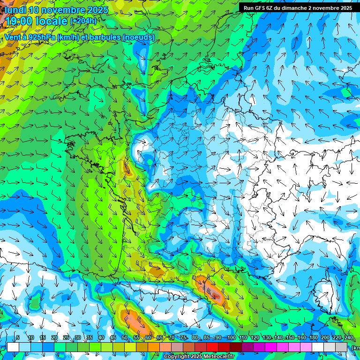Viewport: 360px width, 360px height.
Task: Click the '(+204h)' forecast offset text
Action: pyautogui.click(x=83, y=21)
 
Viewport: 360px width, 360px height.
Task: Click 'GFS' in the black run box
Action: pyautogui.click(x=260, y=8)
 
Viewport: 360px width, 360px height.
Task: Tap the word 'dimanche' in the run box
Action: pyautogui.click(x=293, y=8)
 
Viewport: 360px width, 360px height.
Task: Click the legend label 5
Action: pyautogui.click(x=18, y=337)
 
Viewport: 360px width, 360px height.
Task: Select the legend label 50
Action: pyautogui.click(x=125, y=337)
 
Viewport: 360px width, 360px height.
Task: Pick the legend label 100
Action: pyautogui.click(x=231, y=337)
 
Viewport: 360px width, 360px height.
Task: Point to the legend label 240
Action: pyautogui.click(x=349, y=337)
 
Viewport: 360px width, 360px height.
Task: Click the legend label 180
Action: pyautogui.click(x=314, y=337)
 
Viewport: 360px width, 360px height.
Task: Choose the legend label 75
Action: pyautogui.click(x=183, y=337)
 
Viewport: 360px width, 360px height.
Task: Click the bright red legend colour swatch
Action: pyautogui.click(x=212, y=347)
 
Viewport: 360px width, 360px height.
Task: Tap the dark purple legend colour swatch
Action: pyautogui.click(x=247, y=347)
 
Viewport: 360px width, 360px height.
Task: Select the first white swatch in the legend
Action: pyautogui.click(x=13, y=347)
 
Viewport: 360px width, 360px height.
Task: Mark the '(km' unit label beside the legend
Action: pyautogui.click(x=356, y=347)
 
